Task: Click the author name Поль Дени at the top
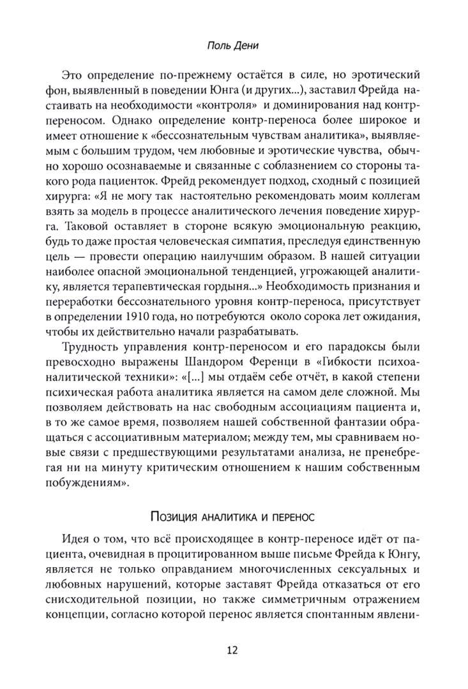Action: pos(234,47)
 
